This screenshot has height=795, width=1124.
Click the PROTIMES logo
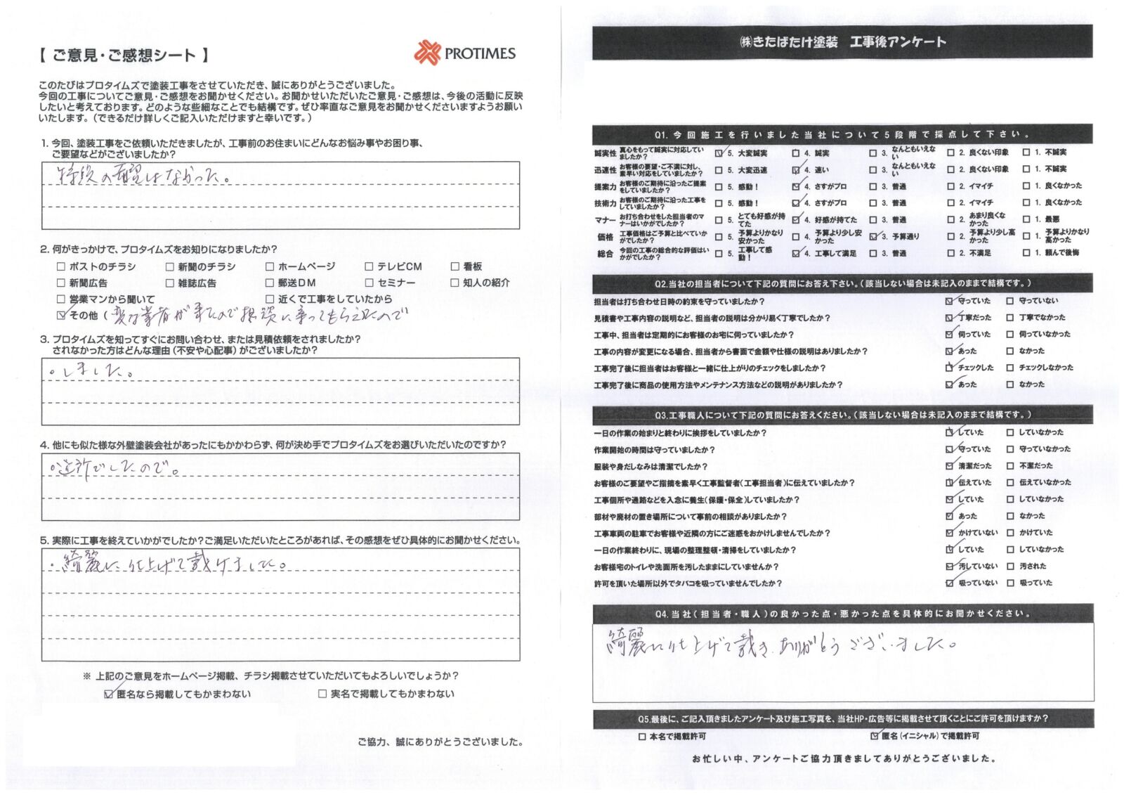[464, 53]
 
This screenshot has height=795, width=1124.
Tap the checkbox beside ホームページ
[270, 266]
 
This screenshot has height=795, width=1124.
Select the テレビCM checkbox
[369, 266]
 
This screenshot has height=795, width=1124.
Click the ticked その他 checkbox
[61, 315]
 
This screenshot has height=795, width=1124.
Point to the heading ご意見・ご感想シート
[124, 55]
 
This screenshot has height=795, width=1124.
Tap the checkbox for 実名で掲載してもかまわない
[322, 694]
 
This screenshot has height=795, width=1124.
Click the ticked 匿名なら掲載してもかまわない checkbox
[108, 694]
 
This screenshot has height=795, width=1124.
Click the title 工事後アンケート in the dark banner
[898, 42]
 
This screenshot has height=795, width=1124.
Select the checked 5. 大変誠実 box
[719, 153]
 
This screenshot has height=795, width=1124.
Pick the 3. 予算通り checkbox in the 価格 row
[873, 237]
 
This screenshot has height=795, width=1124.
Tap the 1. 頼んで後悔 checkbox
[1026, 252]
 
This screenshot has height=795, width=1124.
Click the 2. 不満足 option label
[979, 253]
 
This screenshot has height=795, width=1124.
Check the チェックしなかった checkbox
[1010, 368]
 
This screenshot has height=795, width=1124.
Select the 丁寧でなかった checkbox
[1010, 318]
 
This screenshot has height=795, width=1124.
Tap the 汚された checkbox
[1010, 567]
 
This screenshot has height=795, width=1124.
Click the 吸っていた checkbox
[1010, 583]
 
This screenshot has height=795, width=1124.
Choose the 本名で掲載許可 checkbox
[642, 736]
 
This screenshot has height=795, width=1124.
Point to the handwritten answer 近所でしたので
[112, 467]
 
